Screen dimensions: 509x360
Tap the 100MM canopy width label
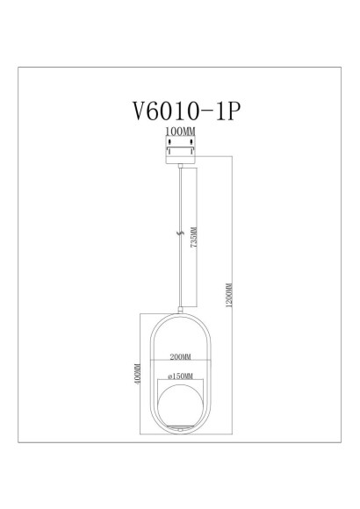tap(180, 131)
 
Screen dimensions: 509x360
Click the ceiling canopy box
tap(180, 151)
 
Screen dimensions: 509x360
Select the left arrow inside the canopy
tap(169, 151)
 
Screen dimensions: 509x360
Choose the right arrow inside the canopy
tap(192, 151)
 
